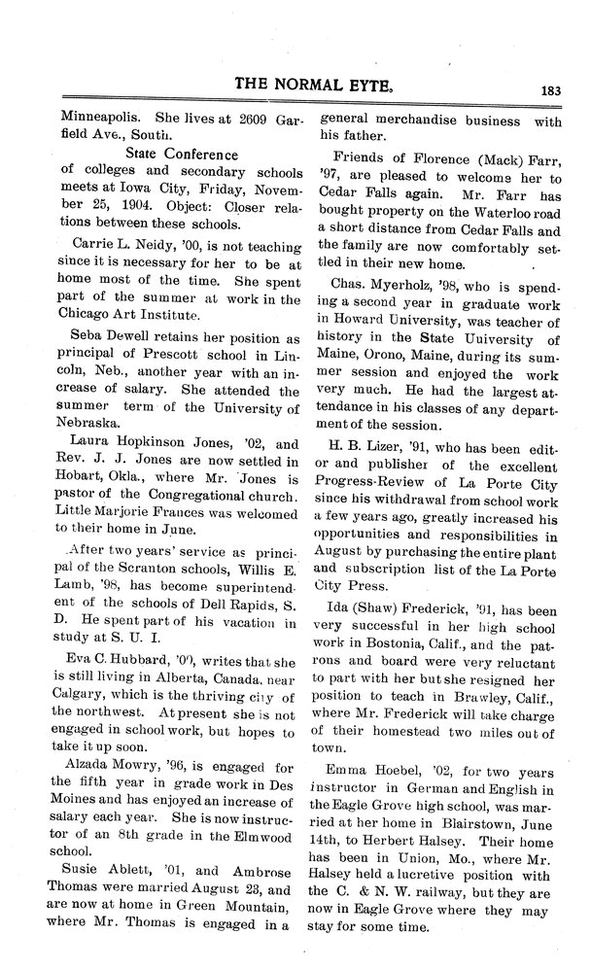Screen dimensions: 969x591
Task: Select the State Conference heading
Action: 182,154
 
